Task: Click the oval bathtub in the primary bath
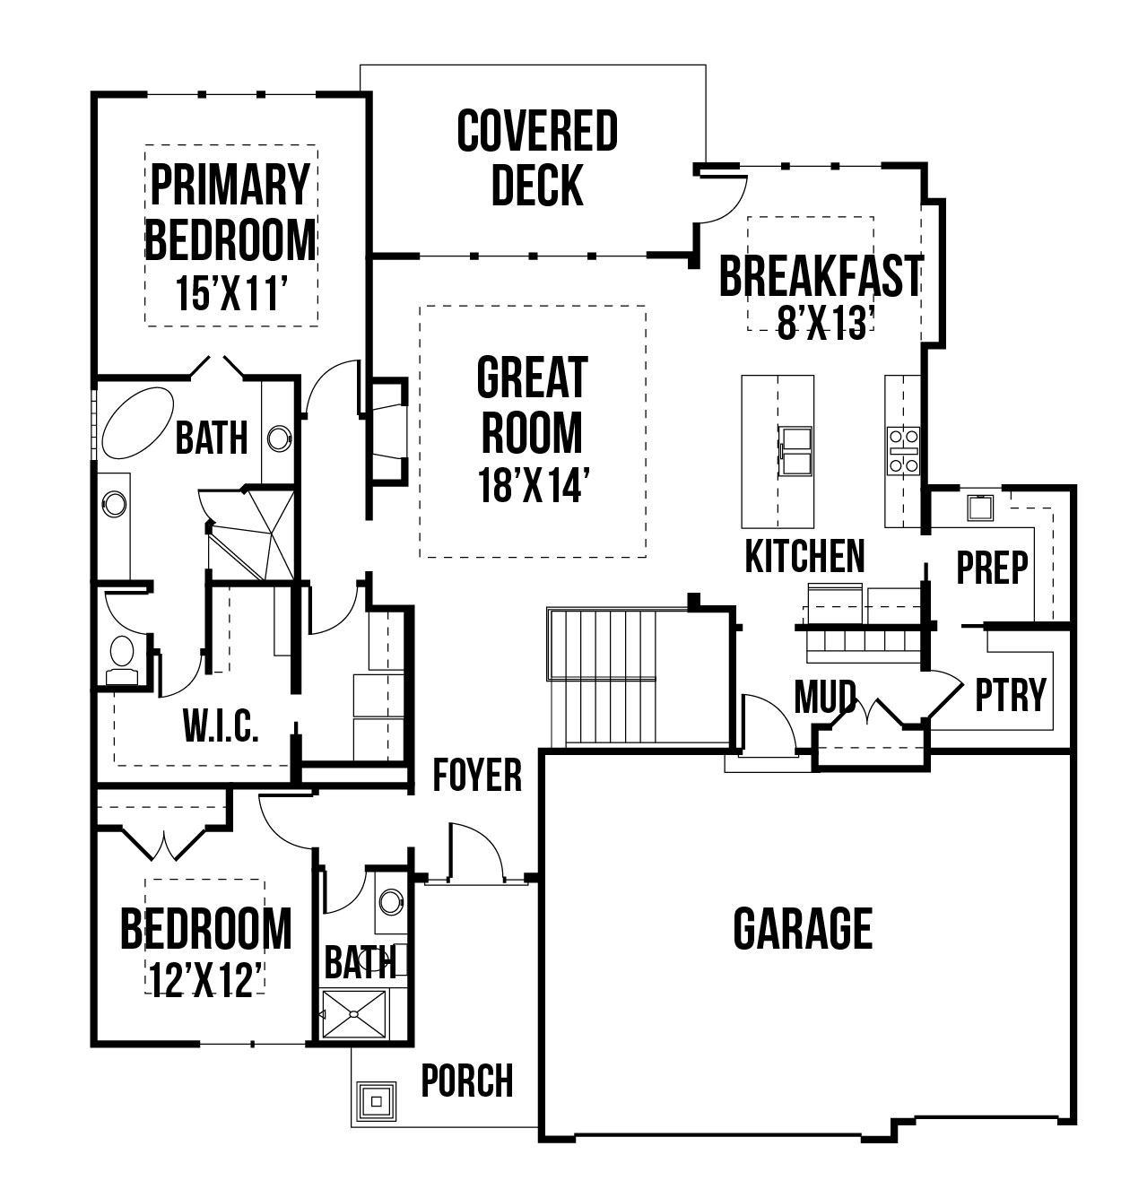click(137, 422)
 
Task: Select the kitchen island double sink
click(795, 451)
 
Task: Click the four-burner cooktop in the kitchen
click(903, 451)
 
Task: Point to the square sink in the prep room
click(979, 508)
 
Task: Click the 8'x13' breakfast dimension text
click(826, 324)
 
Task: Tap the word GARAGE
click(803, 928)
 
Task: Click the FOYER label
click(477, 775)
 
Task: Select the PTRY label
click(1011, 695)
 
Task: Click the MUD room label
click(825, 696)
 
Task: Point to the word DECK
click(537, 184)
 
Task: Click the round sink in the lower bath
click(391, 902)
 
